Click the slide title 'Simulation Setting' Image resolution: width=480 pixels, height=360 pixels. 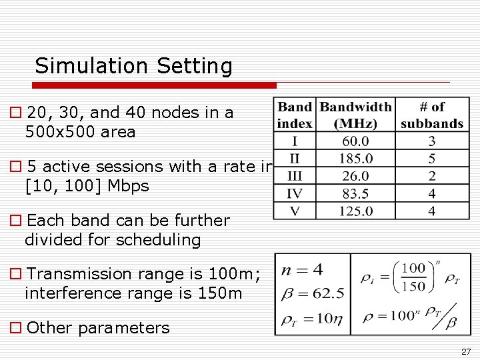coord(133,66)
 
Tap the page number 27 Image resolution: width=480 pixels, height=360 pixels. coord(466,351)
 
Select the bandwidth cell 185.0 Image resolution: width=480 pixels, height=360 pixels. coord(355,159)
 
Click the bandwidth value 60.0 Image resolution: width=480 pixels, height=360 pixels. coord(355,141)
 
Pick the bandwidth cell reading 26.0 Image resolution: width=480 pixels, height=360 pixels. coord(355,176)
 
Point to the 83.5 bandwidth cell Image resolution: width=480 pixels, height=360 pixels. coord(355,194)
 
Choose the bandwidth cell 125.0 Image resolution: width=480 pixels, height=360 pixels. coord(355,211)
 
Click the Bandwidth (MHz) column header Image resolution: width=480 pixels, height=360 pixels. coord(355,115)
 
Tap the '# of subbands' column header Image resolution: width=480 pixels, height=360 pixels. coord(432,115)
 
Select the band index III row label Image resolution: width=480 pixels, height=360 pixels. coord(294,176)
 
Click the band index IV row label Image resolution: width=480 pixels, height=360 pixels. coord(294,194)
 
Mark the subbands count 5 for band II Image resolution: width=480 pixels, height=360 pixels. coord(432,159)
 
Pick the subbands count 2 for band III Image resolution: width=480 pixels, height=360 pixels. coord(432,176)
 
